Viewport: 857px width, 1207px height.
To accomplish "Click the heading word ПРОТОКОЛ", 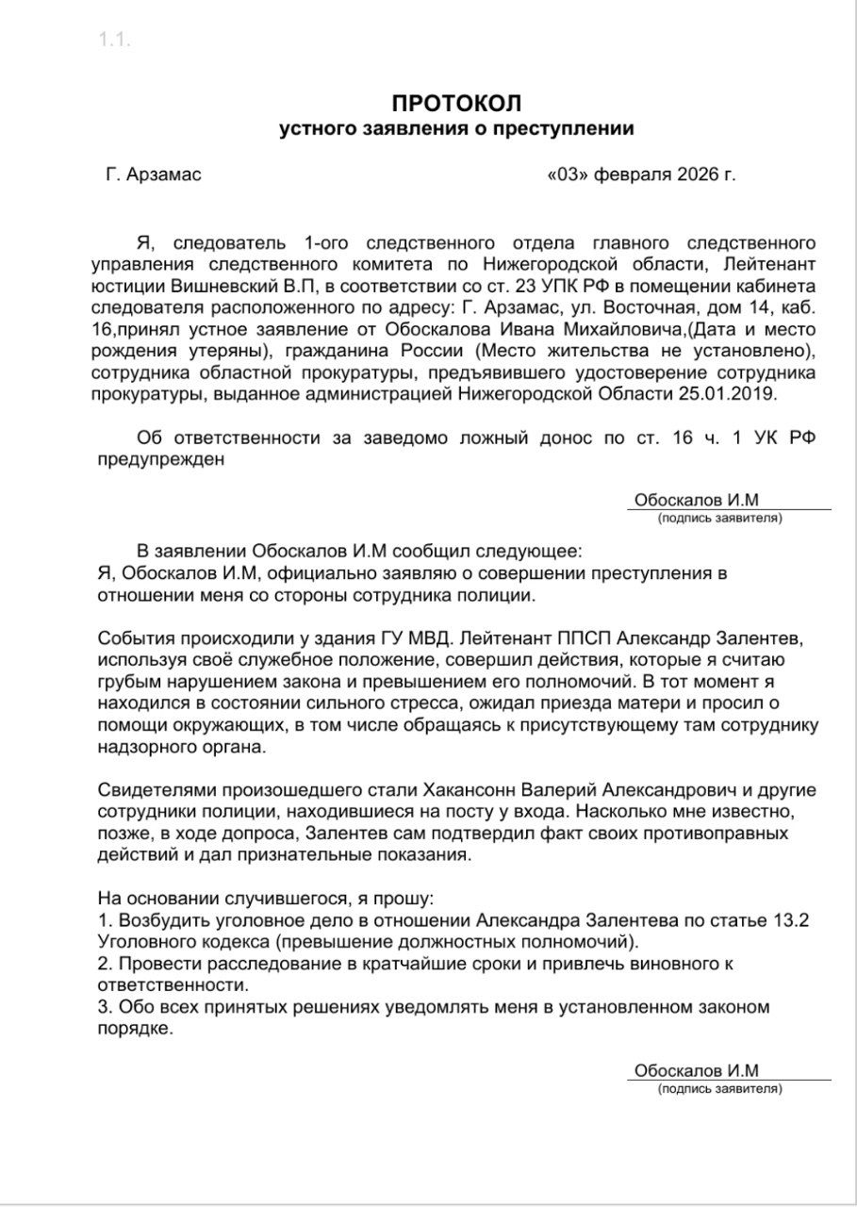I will [456, 103].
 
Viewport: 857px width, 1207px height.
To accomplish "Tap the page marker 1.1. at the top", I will [114, 40].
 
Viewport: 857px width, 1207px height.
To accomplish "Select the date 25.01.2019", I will [732, 394].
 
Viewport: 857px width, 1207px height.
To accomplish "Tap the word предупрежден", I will [160, 460].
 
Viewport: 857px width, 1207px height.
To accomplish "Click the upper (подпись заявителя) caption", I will [720, 519].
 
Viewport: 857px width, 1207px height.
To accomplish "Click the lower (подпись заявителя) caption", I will [720, 1089].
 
